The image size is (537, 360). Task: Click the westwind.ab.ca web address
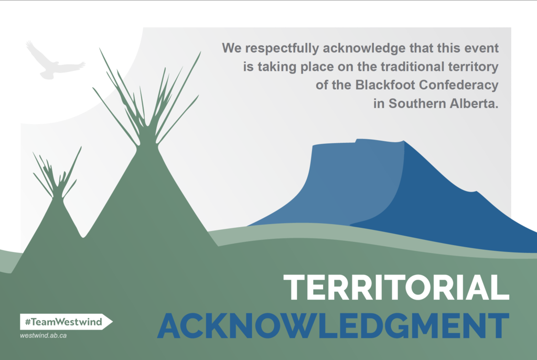point(43,336)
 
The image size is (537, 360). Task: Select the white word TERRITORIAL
point(396,288)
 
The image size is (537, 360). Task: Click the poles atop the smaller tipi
point(57,175)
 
